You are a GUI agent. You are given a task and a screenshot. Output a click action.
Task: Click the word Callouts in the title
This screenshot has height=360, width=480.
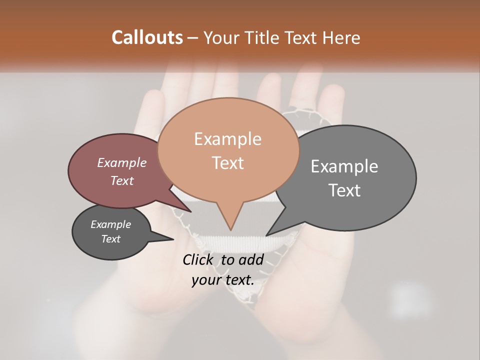click(x=147, y=37)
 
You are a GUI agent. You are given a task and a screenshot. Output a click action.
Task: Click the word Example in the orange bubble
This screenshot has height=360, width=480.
click(x=227, y=139)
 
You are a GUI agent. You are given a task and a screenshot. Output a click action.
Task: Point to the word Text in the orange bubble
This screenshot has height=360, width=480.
click(x=227, y=163)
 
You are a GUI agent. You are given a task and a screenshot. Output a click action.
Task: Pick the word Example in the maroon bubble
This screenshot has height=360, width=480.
click(x=121, y=163)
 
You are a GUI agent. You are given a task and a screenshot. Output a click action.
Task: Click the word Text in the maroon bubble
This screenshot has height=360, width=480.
click(x=121, y=180)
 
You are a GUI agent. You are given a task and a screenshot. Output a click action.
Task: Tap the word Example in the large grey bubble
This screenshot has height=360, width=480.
click(x=344, y=166)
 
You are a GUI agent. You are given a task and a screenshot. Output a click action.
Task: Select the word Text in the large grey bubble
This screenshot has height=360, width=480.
click(x=344, y=190)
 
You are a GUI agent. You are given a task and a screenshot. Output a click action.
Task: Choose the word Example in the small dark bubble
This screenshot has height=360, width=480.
click(x=110, y=224)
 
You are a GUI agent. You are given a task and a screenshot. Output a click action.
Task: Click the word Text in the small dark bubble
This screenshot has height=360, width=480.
click(x=110, y=239)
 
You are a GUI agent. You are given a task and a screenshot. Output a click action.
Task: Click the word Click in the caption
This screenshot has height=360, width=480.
click(x=198, y=260)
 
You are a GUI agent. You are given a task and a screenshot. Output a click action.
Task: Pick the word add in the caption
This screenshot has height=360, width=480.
click(x=250, y=260)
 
